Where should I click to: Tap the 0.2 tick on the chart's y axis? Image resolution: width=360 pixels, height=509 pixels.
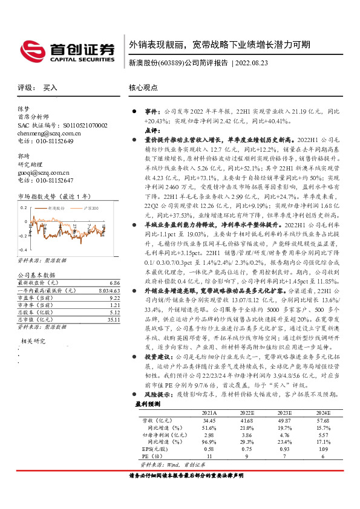coord(24,207)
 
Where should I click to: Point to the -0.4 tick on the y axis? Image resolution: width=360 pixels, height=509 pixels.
coord(22,250)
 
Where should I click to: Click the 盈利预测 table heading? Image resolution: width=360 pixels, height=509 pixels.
coord(148,403)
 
